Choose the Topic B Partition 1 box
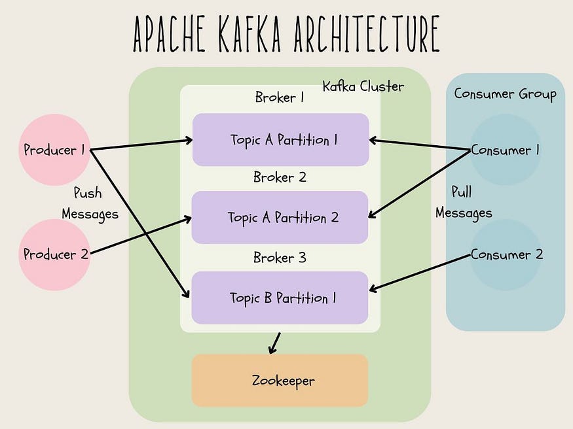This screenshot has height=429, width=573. pyautogui.click(x=280, y=298)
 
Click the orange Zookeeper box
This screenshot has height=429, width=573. pyautogui.click(x=280, y=381)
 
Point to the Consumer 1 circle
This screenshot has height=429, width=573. pyautogui.click(x=505, y=150)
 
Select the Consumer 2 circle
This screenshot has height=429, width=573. pyautogui.click(x=506, y=254)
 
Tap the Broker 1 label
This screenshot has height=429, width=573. pyautogui.click(x=280, y=98)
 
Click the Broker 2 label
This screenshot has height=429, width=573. pyautogui.click(x=280, y=177)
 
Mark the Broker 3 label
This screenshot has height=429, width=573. pyautogui.click(x=280, y=258)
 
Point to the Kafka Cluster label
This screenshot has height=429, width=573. pyautogui.click(x=363, y=86)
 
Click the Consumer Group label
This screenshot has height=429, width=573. pyautogui.click(x=505, y=94)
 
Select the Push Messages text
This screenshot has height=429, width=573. pyautogui.click(x=90, y=203)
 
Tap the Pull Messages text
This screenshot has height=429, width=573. pyautogui.click(x=464, y=202)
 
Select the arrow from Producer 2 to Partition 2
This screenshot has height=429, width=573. pyautogui.click(x=140, y=235)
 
